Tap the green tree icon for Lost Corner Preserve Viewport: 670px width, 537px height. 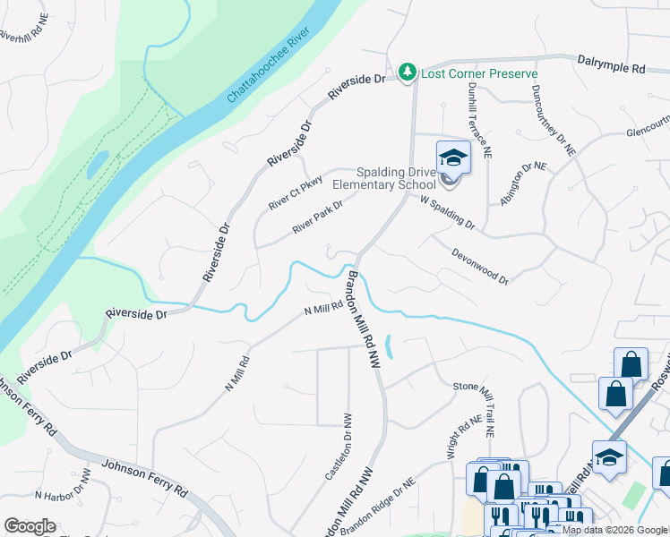(x=408, y=72)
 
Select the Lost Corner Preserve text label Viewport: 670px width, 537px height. (x=479, y=73)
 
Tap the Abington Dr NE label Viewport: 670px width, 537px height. (x=524, y=184)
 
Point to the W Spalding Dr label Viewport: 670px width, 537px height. (x=447, y=213)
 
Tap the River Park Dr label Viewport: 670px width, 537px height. (x=318, y=217)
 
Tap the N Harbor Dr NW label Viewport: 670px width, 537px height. (x=63, y=488)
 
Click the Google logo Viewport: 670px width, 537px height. (x=30, y=526)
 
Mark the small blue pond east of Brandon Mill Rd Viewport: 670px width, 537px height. (x=388, y=345)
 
